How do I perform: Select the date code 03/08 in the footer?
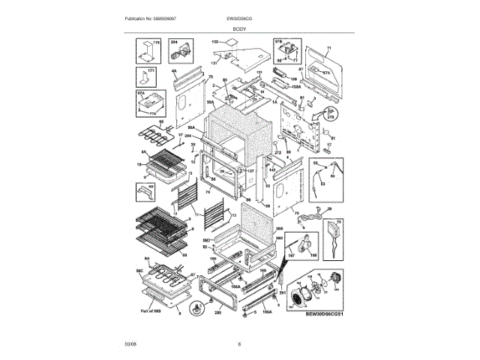130,343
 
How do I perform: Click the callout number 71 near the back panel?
327,47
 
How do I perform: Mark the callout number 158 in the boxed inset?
313,254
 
